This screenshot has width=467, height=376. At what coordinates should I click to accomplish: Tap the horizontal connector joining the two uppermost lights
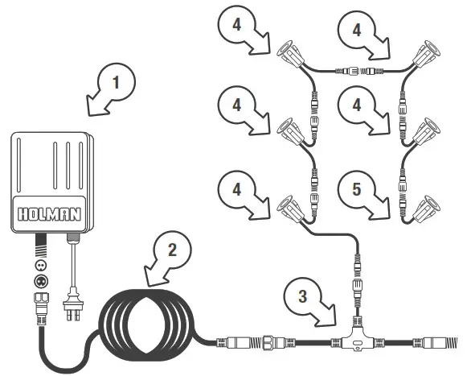coord(354,71)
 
